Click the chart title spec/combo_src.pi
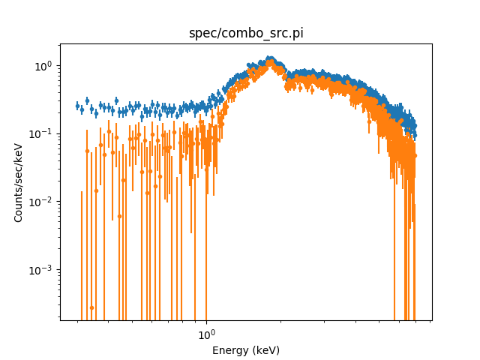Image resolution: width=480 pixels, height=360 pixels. pos(245,33)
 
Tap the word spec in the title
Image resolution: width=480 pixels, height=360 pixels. pos(200,33)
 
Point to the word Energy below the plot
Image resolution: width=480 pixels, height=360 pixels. pos(230,350)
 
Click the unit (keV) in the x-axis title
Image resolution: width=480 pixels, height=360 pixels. pos(265,350)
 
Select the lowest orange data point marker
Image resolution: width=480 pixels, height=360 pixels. pos(91,307)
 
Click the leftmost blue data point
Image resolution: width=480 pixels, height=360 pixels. pos(77,106)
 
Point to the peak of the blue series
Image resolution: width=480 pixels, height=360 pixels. pos(270,58)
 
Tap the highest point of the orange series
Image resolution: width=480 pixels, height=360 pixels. pos(271,63)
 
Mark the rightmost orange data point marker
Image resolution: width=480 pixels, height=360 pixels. pos(415,155)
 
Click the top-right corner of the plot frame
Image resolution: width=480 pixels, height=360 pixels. pos(432,43)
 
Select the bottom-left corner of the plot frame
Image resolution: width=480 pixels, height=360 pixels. pos(60,320)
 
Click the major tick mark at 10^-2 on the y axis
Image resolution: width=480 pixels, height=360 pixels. pos(58,202)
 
